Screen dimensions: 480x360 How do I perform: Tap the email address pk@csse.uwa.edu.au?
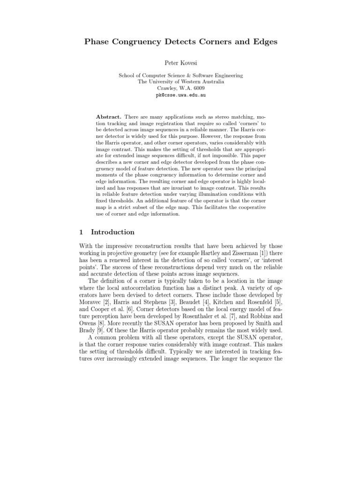(x=180, y=95)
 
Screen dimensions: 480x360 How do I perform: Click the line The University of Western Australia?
(x=180, y=82)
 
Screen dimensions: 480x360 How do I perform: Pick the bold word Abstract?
(x=109, y=116)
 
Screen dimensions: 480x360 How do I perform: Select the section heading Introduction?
(x=112, y=232)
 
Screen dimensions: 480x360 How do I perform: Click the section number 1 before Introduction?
(x=81, y=232)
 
